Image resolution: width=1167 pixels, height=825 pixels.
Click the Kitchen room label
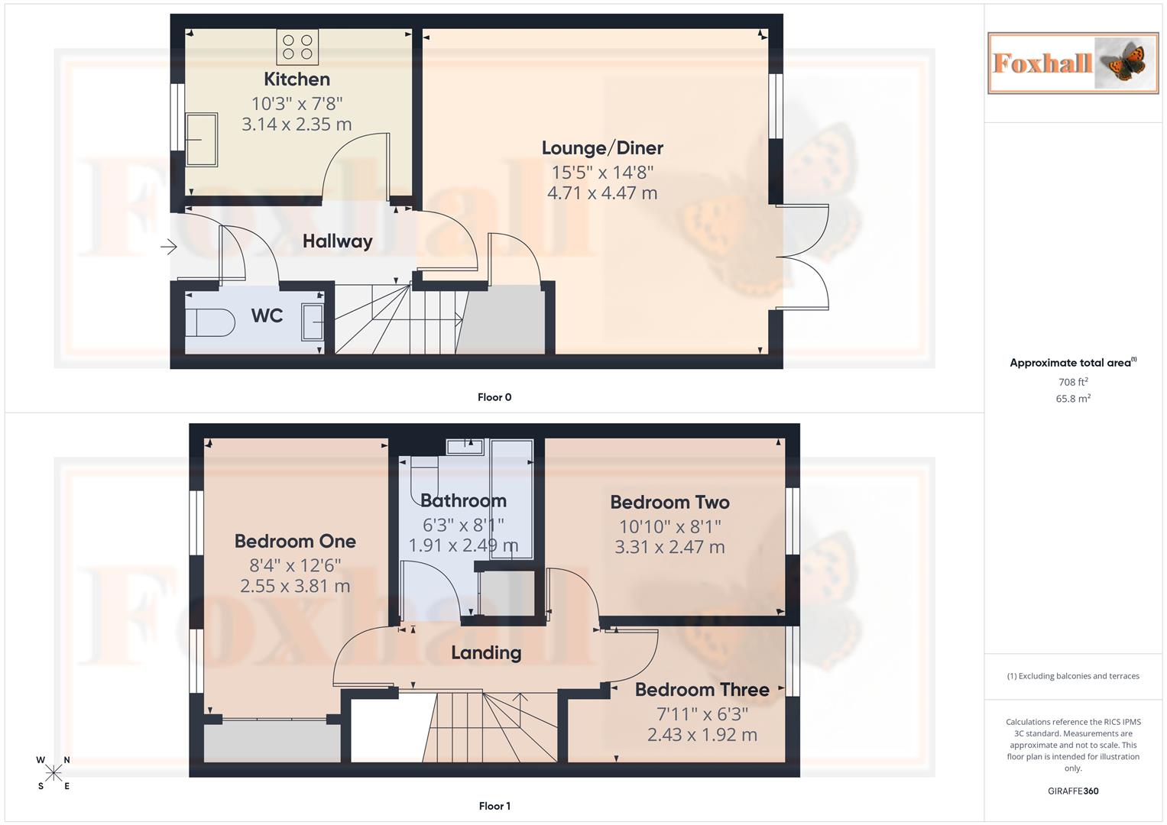(297, 79)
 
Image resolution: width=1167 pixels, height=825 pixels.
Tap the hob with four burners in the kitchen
(297, 47)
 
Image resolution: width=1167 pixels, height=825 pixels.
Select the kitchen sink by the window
(203, 140)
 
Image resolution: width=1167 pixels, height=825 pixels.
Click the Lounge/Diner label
(602, 148)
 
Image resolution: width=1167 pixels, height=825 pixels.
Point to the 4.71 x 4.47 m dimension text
(602, 193)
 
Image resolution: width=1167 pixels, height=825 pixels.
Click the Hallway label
(337, 241)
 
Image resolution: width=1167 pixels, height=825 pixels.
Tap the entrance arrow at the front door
(169, 247)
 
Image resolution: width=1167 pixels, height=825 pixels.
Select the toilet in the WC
(209, 322)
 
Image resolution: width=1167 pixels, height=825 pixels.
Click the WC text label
(267, 315)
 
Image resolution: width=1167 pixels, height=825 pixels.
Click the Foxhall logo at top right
(1072, 63)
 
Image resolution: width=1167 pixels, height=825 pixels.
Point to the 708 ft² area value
(1073, 382)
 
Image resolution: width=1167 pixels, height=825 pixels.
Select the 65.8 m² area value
(1073, 399)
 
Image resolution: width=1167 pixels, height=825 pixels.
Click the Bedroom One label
(295, 542)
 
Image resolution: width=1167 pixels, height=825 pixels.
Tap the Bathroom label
(463, 501)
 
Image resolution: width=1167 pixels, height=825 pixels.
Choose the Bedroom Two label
(669, 503)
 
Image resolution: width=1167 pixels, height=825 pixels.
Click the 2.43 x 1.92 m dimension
(702, 735)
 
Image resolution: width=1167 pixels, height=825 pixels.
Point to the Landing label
(486, 653)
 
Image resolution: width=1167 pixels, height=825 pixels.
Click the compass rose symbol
(53, 773)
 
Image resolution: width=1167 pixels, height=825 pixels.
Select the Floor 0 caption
(494, 397)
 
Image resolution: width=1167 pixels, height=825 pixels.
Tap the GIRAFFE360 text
(1073, 791)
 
